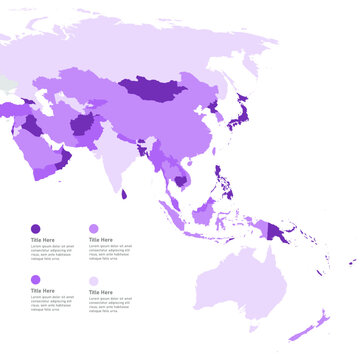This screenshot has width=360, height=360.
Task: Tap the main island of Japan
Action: (x=240, y=121)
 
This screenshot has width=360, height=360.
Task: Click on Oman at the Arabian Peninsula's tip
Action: (x=62, y=160)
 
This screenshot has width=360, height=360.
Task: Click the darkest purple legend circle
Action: (x=35, y=229)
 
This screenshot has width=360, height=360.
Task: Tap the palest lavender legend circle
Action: (x=94, y=281)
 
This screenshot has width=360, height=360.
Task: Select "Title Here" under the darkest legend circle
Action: (x=42, y=240)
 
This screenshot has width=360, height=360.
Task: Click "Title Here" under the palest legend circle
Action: (x=100, y=292)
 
